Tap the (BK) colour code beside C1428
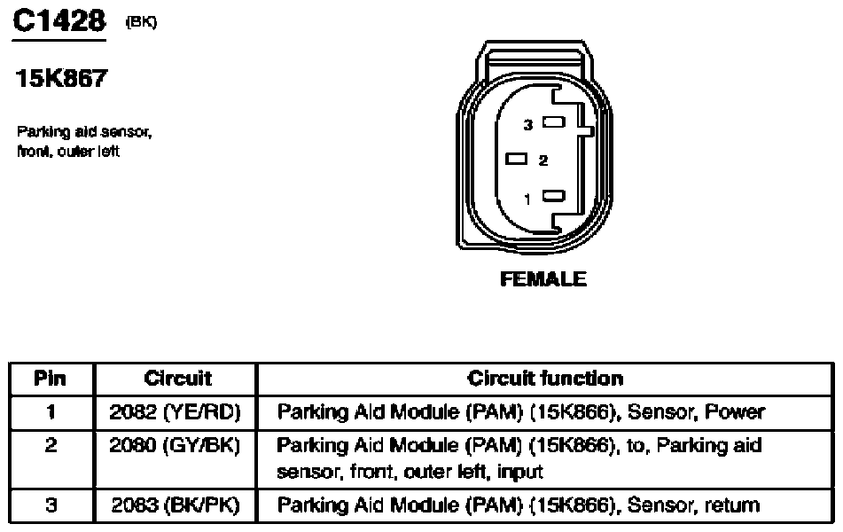[142, 23]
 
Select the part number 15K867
[62, 80]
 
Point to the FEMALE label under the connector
[543, 279]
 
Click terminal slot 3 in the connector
[555, 123]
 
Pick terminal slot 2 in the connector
[517, 160]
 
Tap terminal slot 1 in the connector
[555, 197]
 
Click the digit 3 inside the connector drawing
[527, 126]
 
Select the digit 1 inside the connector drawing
[528, 199]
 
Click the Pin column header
[51, 379]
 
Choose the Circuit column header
[177, 379]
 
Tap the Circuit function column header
[545, 379]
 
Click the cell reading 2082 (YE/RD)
[176, 412]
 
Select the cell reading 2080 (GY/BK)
[176, 446]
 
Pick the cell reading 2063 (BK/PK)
[176, 506]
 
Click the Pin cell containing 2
[51, 446]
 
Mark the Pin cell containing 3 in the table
[51, 506]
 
